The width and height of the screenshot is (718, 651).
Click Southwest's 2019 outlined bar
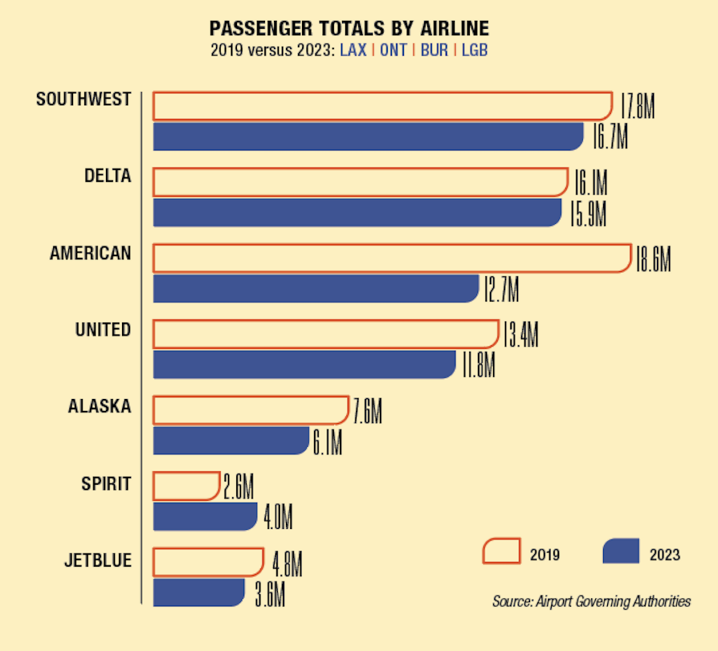point(382,106)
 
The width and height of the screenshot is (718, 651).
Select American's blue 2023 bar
point(316,288)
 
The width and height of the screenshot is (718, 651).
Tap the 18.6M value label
point(653,259)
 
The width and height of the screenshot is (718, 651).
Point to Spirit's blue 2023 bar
point(205,516)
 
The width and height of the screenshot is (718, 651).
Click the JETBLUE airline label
point(97,561)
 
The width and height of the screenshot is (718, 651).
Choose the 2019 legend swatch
point(501,551)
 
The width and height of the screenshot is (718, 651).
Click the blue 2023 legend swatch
point(621,551)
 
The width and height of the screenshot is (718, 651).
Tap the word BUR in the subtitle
point(434,51)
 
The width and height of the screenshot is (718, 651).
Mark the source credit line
point(591,601)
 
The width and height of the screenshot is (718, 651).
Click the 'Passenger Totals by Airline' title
point(349,29)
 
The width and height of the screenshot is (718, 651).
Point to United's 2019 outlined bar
point(325,334)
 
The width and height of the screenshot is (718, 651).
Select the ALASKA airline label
point(100,406)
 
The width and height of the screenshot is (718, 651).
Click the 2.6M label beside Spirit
point(238,486)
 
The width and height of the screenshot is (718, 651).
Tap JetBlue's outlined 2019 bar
point(208,562)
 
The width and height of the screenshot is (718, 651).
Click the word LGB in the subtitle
point(475,51)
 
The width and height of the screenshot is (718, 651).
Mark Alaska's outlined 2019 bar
point(250,410)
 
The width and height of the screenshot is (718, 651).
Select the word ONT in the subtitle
point(393,51)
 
